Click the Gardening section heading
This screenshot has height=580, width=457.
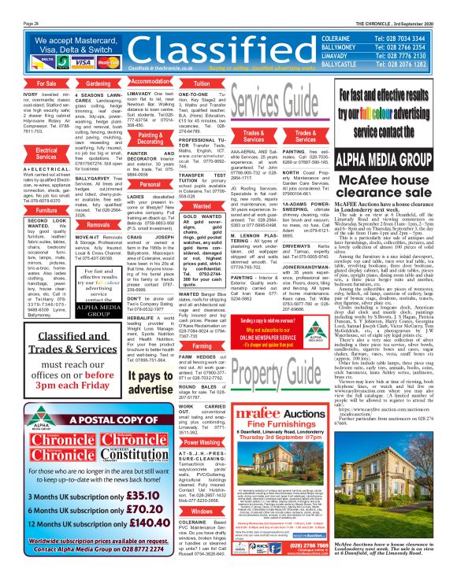(98, 82)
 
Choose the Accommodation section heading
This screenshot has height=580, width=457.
(149, 81)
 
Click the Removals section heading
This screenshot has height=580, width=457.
(98, 224)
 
